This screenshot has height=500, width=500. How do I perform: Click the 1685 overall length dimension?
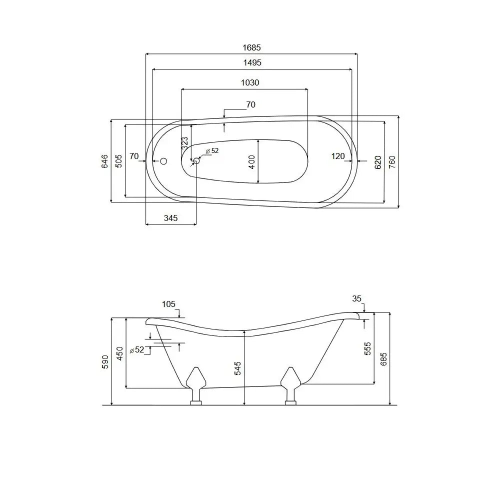tap(251, 48)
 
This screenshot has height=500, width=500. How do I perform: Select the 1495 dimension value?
tap(252, 63)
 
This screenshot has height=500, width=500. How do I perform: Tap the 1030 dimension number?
tap(250, 83)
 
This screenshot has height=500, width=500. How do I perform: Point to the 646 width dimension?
tap(105, 161)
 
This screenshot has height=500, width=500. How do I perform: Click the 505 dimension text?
tap(118, 161)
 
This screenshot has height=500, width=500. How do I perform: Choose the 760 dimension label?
tap(392, 162)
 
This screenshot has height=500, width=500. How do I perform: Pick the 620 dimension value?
tap(378, 162)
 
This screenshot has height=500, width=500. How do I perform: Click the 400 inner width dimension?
tap(251, 162)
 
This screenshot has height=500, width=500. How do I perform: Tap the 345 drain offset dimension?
tap(170, 218)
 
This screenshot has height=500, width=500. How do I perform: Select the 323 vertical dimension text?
tap(184, 143)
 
